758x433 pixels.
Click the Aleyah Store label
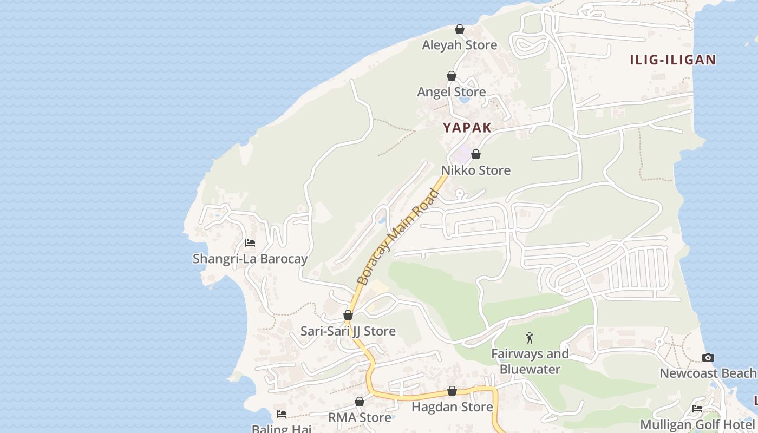click(459, 45)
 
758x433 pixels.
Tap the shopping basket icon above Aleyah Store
click(460, 29)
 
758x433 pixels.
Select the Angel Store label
click(451, 92)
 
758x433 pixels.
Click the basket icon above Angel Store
click(452, 76)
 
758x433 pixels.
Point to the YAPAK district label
click(467, 128)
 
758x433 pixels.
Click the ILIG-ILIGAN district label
click(672, 60)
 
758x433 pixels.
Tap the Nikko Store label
click(475, 170)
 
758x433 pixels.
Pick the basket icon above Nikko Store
click(476, 155)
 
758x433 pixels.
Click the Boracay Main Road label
click(398, 237)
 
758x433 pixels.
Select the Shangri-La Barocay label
click(250, 259)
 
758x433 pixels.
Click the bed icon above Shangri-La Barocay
click(250, 242)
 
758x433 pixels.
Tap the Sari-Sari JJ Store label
click(348, 331)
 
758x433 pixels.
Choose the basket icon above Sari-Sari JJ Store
click(348, 315)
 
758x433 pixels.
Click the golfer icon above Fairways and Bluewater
click(530, 338)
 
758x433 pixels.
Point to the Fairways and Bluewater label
click(530, 362)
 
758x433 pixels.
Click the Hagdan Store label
click(452, 406)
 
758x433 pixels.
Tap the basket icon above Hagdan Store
click(452, 391)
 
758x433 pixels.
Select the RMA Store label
click(360, 417)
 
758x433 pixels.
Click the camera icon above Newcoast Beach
click(708, 357)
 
